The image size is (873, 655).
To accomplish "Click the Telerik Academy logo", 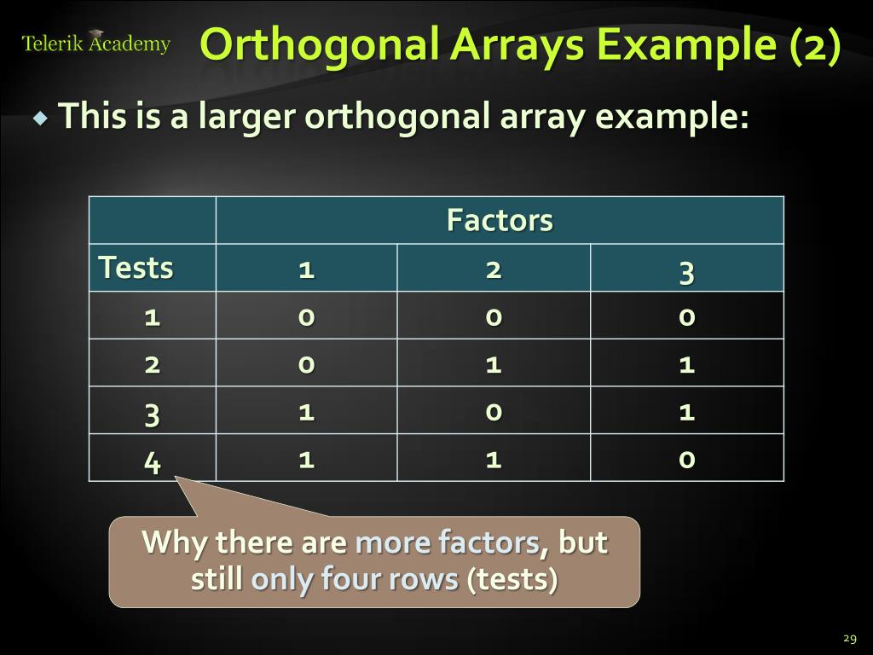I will click(x=95, y=43).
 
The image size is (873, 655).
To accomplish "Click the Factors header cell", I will click(x=500, y=221).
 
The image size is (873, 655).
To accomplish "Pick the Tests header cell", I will click(x=136, y=268).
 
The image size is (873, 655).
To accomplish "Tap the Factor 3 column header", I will click(x=686, y=272).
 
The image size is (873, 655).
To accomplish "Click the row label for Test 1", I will click(x=152, y=317).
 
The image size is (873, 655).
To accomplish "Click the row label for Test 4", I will click(x=152, y=462).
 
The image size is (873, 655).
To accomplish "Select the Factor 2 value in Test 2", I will click(x=493, y=365).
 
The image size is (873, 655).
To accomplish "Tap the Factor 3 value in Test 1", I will click(x=686, y=317).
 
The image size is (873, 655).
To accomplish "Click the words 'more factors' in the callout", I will click(x=447, y=542).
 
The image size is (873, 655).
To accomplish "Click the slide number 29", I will click(x=848, y=639).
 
